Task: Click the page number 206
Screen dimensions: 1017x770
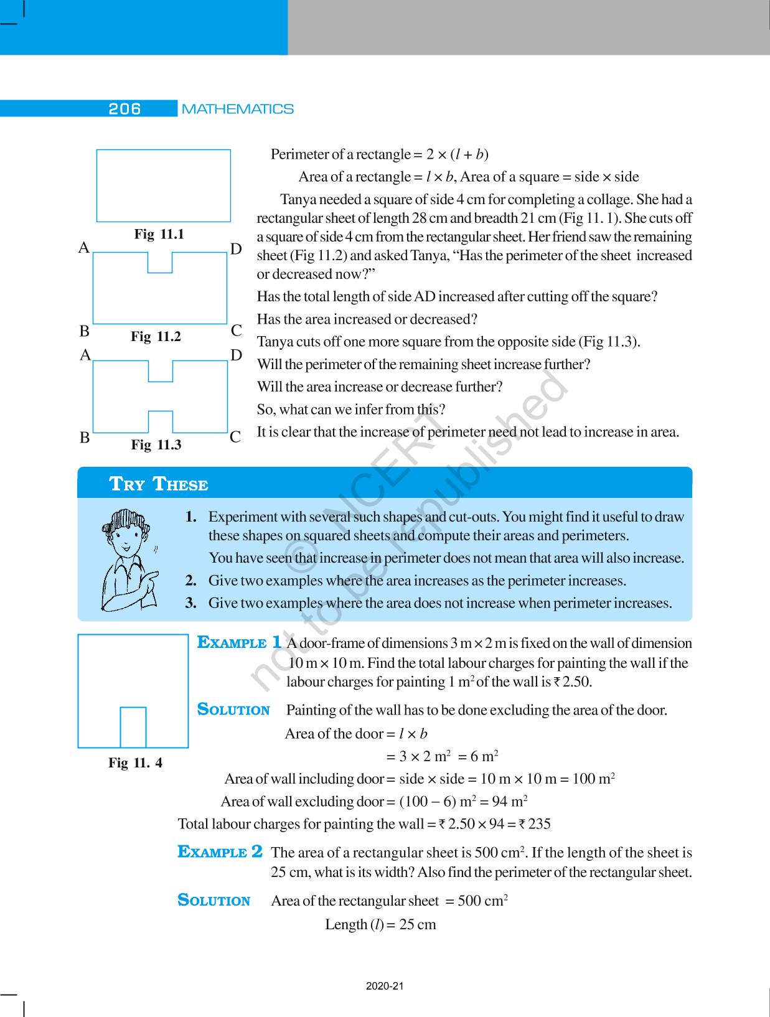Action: tap(124, 109)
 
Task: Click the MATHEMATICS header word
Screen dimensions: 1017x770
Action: tap(237, 109)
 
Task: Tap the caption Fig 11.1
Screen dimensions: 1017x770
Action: tap(159, 235)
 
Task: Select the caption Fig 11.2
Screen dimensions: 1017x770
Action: tap(156, 337)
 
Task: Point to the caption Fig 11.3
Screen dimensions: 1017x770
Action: tap(156, 445)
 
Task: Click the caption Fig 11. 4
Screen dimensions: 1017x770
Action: tap(135, 763)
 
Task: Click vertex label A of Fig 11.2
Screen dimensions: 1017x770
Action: tap(84, 248)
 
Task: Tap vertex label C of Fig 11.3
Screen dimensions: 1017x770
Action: tap(235, 438)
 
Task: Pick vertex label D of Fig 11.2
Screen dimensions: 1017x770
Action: tap(236, 250)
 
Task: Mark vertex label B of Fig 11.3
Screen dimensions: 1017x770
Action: tap(85, 438)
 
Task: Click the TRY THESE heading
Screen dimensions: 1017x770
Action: tap(159, 484)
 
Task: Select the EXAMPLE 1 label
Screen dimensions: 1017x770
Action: tap(240, 643)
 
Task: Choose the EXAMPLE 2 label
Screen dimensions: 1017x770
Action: tap(220, 852)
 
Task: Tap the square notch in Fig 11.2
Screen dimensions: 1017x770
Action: tap(160, 262)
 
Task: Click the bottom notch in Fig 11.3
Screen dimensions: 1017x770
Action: tap(161, 421)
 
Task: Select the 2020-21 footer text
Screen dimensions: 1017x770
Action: tap(385, 987)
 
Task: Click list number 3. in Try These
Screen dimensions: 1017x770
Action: tap(191, 603)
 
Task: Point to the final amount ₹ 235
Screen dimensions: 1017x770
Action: tap(535, 824)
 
